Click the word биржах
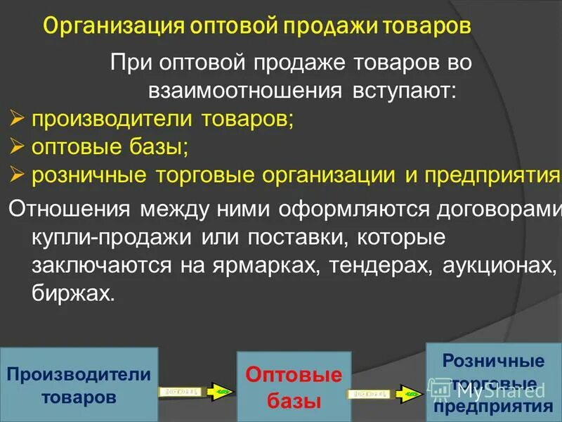[72, 293]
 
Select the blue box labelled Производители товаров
[79, 385]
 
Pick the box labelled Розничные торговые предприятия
[493, 383]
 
